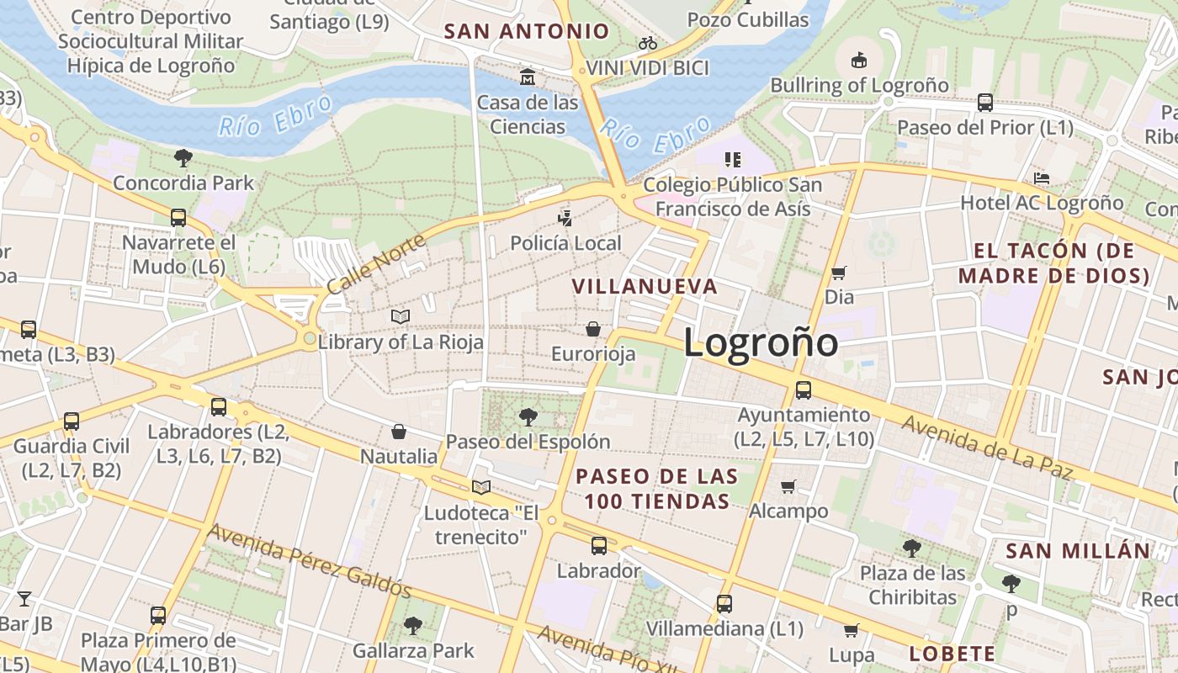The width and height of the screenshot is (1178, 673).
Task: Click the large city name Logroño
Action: tap(761, 343)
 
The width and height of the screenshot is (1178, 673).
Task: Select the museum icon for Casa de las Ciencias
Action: tap(528, 77)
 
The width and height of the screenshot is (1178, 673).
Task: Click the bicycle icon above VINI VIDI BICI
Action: tap(647, 43)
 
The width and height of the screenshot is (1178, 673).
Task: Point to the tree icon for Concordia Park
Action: tap(183, 157)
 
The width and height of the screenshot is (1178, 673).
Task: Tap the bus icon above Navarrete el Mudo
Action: tap(178, 218)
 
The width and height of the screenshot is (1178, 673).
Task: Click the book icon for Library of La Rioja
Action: tap(401, 316)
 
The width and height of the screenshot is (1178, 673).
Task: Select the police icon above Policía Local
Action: tap(565, 219)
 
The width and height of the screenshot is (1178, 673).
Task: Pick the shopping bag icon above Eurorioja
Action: tap(593, 329)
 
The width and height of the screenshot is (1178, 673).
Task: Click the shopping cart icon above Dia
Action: tap(838, 273)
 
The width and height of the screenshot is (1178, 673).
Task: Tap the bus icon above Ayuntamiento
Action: tap(804, 390)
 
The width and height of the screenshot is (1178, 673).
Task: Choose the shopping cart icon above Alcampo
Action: tap(788, 486)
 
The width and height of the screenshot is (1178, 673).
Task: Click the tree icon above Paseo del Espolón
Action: tap(528, 416)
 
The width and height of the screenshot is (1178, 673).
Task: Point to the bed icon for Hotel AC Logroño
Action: tap(1042, 178)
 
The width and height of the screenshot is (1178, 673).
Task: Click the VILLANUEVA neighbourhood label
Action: tap(645, 286)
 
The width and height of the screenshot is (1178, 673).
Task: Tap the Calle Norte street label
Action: tap(376, 264)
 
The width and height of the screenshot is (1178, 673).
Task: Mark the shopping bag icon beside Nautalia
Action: tap(399, 432)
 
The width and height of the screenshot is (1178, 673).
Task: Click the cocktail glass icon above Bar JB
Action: tap(24, 599)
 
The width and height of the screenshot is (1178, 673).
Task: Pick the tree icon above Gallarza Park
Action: tap(412, 625)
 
